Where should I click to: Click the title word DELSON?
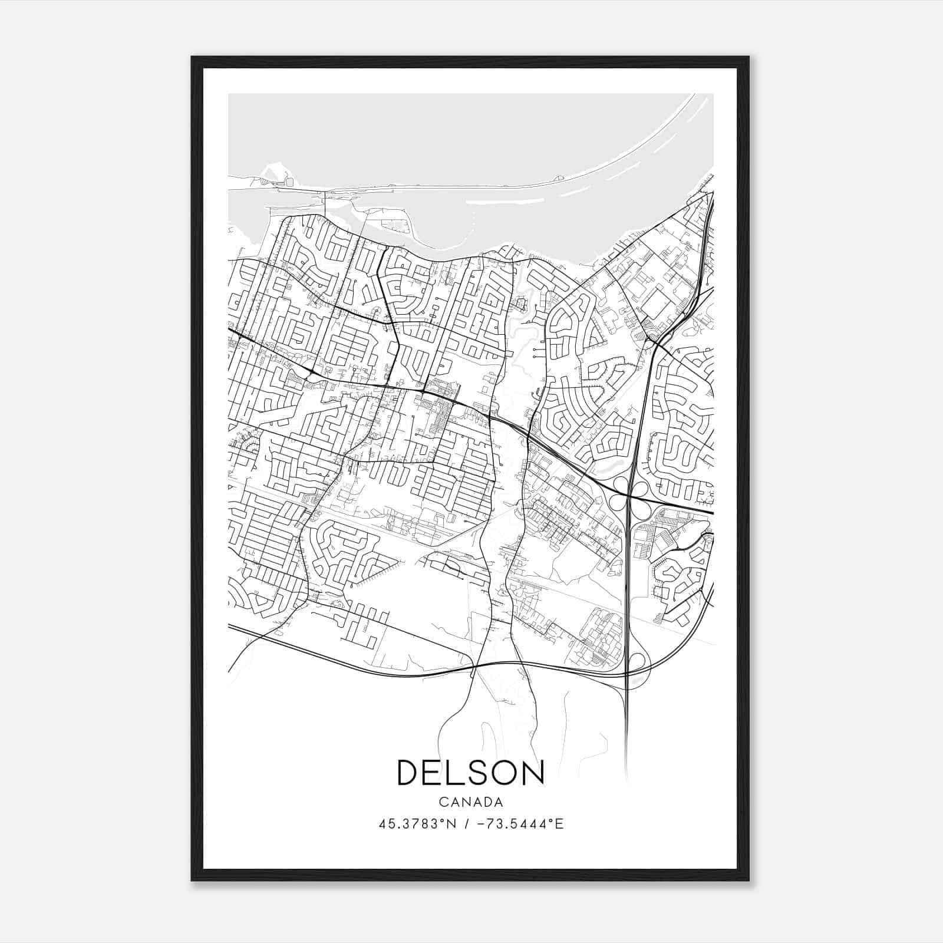471,773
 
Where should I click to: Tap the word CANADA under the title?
471,802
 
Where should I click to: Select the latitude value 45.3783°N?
417,824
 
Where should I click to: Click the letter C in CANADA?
443,802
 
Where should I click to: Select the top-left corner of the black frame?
193,58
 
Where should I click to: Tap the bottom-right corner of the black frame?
748,879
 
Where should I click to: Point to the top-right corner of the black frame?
748,58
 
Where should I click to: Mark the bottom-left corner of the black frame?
193,879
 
